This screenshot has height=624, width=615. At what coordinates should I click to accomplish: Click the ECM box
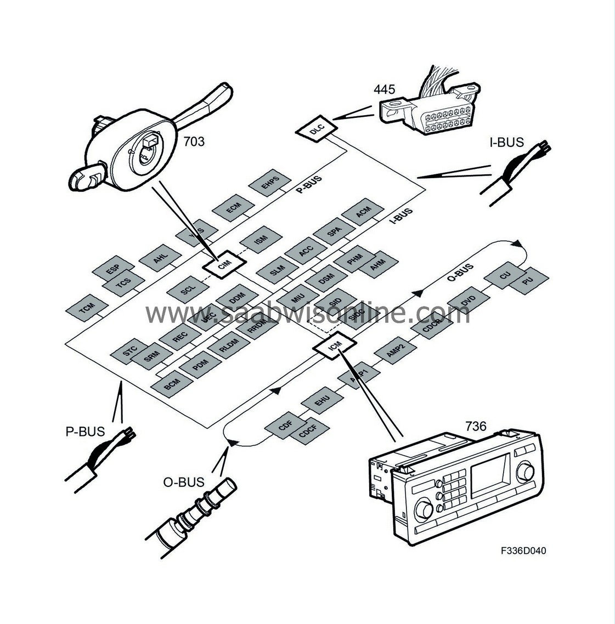(234, 208)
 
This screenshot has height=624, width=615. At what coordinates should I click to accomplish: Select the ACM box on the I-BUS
(363, 213)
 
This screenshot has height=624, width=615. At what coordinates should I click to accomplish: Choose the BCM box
(172, 385)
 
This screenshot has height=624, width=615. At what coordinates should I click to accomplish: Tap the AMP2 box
(396, 352)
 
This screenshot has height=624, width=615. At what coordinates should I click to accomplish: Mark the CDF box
(285, 426)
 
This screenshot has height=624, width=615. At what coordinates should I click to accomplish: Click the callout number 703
(193, 141)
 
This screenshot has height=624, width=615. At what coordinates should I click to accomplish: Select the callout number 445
(385, 89)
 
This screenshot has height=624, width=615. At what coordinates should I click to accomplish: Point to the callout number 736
(476, 426)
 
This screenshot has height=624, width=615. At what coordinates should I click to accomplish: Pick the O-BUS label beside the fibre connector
(184, 483)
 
